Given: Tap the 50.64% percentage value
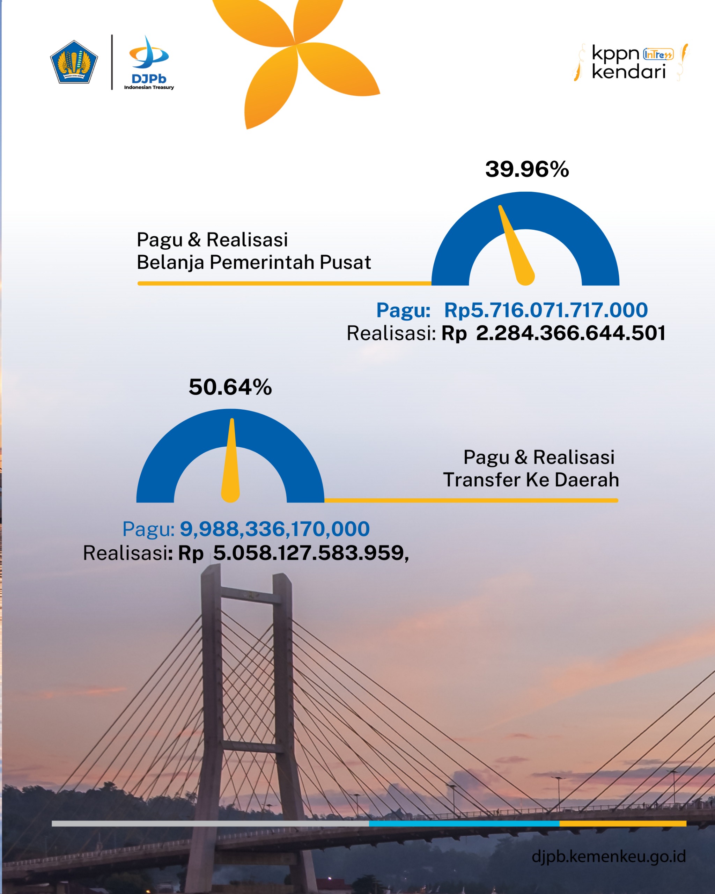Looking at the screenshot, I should coord(230,387).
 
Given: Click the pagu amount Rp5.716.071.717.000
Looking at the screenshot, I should coord(545,310).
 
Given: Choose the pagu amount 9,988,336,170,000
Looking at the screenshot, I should coord(274,529).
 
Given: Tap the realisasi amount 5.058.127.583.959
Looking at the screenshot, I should coord(308,553).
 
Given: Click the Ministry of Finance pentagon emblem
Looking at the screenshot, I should coord(74,62).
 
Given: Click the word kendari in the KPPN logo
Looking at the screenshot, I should coord(628,72).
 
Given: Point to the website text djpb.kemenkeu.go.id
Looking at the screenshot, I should coord(609,856).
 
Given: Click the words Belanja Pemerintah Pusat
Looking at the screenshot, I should coord(254,263).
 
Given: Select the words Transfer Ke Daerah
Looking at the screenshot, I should coord(531,480).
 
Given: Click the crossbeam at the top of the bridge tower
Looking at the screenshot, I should coord(250,596).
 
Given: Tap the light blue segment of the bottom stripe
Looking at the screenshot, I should coord(464,823).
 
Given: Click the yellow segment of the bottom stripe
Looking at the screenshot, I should coord(622,823).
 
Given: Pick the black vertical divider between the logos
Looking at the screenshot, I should coord(112,62).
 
